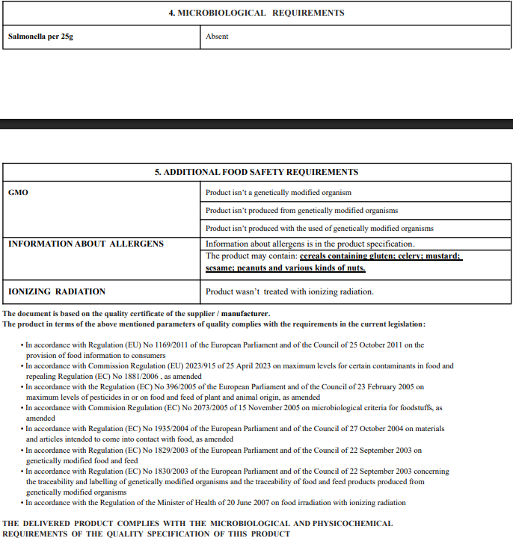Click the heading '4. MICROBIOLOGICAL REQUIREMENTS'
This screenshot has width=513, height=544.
pyautogui.click(x=256, y=13)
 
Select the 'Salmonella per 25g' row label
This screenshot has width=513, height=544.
pyautogui.click(x=40, y=36)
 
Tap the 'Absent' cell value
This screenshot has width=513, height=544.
pyautogui.click(x=217, y=36)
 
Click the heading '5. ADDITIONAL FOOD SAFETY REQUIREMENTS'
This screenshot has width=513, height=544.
pyautogui.click(x=256, y=172)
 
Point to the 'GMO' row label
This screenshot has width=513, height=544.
pyautogui.click(x=18, y=192)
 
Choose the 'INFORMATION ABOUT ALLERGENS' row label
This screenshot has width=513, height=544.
pyautogui.click(x=85, y=244)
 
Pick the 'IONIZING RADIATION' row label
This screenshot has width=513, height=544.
pyautogui.click(x=57, y=291)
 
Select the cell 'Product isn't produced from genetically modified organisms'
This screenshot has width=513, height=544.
pyautogui.click(x=301, y=211)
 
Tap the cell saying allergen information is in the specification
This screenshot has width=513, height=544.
pyautogui.click(x=310, y=244)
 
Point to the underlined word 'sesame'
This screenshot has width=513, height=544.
pyautogui.click(x=221, y=268)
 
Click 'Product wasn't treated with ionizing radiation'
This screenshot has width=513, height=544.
pyautogui.click(x=289, y=291)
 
